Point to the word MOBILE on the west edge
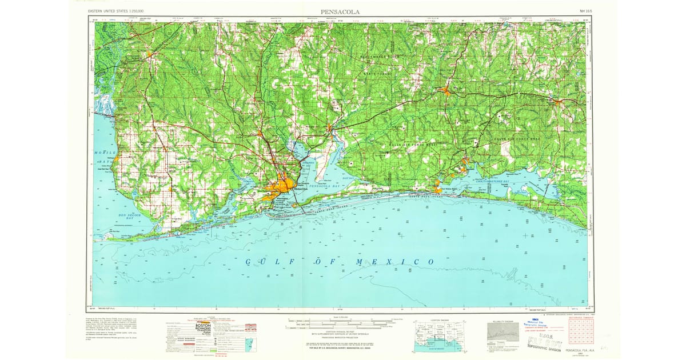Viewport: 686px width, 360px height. (105, 153)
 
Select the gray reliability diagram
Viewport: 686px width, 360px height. (502, 331)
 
